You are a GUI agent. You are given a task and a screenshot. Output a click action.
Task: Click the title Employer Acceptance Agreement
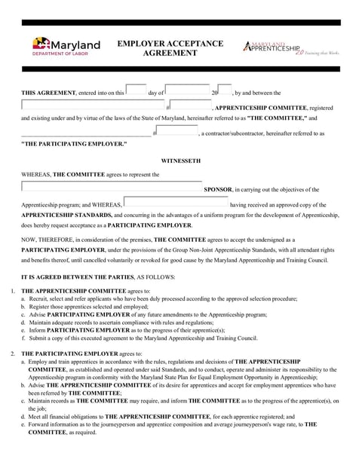click(x=170, y=48)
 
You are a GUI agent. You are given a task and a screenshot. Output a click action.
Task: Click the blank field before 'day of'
click(x=136, y=90)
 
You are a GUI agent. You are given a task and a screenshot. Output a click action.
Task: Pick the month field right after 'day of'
click(x=187, y=90)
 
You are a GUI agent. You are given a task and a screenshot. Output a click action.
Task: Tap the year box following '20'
click(x=225, y=90)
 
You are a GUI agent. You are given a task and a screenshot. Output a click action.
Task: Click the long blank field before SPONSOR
click(x=112, y=188)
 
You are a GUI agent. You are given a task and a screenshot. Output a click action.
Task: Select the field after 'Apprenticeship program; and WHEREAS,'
click(x=176, y=203)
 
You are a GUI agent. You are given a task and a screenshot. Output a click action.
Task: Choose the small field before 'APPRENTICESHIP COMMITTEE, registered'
click(x=190, y=106)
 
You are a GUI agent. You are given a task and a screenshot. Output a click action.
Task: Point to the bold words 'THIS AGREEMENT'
click(x=48, y=93)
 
